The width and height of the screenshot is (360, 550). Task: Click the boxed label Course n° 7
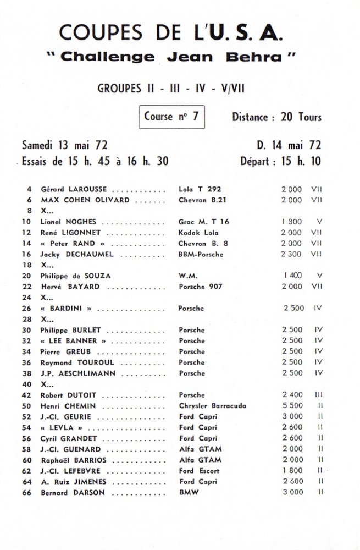point(171,117)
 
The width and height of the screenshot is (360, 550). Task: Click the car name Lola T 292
point(200,189)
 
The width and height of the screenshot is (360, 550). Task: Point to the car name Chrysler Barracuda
point(212,406)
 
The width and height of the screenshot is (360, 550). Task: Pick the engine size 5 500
point(292,406)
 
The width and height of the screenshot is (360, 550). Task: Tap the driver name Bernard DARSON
point(69,492)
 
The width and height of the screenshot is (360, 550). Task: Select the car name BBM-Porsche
point(202,254)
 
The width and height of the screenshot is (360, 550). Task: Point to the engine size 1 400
point(293,276)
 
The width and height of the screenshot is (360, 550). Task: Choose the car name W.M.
point(188,276)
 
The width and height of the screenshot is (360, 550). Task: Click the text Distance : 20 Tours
point(276,117)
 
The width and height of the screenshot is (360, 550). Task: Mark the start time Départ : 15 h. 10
point(280,162)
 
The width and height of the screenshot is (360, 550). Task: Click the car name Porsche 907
point(200,287)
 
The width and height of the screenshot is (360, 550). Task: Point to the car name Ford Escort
point(199,471)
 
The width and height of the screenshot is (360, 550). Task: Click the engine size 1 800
point(292,471)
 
